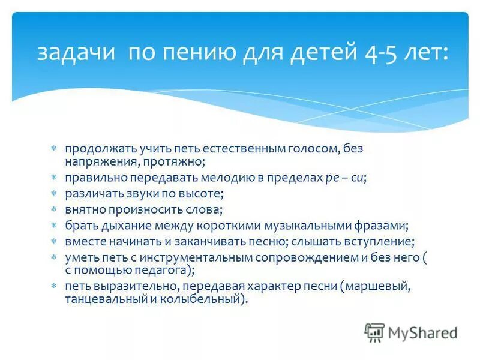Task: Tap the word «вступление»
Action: (377, 241)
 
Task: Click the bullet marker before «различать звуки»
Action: (53, 194)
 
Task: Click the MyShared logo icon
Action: (374, 332)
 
